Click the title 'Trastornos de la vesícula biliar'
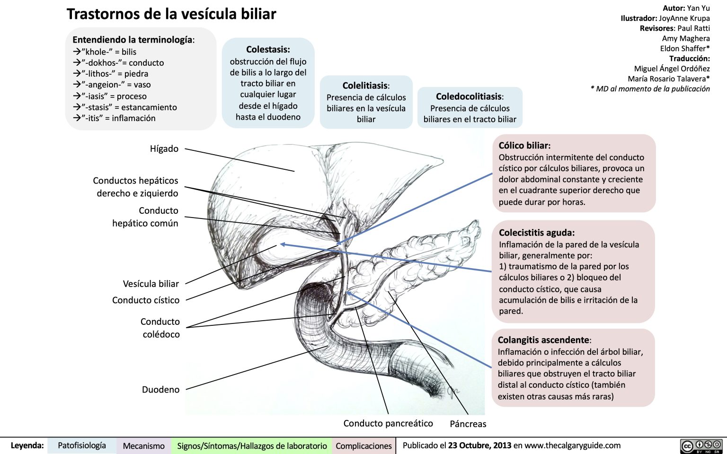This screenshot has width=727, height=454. [171, 14]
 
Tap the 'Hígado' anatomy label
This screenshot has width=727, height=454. [164, 148]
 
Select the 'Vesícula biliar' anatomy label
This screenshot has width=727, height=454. [151, 284]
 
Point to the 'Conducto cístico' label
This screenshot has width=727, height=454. [146, 300]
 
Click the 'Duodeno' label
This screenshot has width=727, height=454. [161, 390]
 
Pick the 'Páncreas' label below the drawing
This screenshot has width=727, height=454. [468, 424]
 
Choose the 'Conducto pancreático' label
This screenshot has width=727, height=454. [388, 424]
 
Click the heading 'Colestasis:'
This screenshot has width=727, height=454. [268, 50]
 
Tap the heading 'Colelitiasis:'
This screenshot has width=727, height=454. [366, 86]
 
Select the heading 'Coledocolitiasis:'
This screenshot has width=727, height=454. [470, 96]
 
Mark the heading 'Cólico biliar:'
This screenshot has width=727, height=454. [524, 146]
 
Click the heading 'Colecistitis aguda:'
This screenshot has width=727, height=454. [537, 233]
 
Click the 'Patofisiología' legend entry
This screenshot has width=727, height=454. [82, 445]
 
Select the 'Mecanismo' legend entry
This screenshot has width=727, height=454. [143, 446]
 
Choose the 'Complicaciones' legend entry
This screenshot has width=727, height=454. [363, 446]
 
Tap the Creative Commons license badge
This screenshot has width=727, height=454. [701, 446]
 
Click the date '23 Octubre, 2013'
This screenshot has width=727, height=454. [479, 445]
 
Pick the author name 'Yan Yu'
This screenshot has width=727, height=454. [698, 8]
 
